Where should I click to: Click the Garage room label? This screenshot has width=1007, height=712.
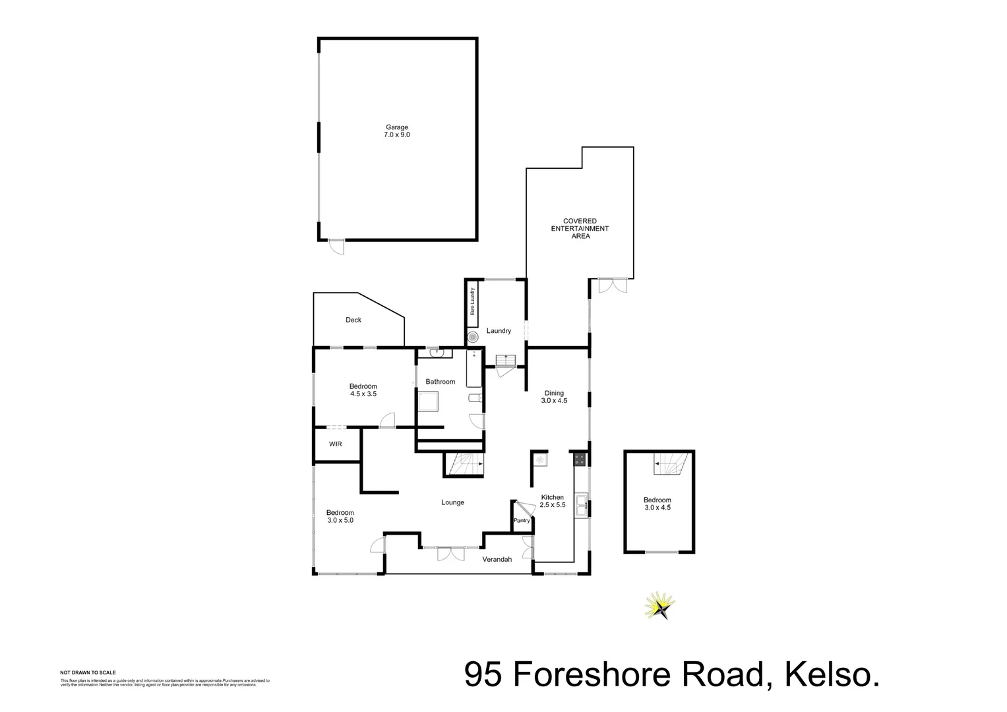click(x=397, y=131)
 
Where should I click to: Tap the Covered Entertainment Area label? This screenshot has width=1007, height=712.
click(x=580, y=229)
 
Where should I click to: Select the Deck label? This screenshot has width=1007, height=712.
click(x=353, y=320)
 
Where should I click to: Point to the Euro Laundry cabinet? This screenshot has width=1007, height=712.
click(x=472, y=305)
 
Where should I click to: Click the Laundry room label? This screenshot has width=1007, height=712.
click(x=499, y=331)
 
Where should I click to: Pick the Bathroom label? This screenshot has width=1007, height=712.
click(x=440, y=382)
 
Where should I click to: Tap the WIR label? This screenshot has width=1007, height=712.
click(x=336, y=444)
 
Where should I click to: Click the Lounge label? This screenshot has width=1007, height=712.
click(x=452, y=502)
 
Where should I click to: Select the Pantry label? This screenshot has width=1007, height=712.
click(x=522, y=521)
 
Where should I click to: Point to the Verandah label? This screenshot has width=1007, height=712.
click(x=497, y=560)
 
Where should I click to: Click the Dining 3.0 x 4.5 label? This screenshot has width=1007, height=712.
click(x=554, y=397)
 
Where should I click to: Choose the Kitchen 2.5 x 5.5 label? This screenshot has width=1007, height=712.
click(x=553, y=501)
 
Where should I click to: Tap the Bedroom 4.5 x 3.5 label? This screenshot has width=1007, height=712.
click(x=363, y=390)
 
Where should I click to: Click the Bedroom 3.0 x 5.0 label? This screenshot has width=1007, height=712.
click(x=340, y=516)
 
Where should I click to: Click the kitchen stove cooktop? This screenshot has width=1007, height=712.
click(x=580, y=459)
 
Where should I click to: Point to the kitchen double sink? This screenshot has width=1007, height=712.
click(x=581, y=506)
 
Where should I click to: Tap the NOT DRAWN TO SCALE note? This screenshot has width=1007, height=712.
click(x=88, y=672)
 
